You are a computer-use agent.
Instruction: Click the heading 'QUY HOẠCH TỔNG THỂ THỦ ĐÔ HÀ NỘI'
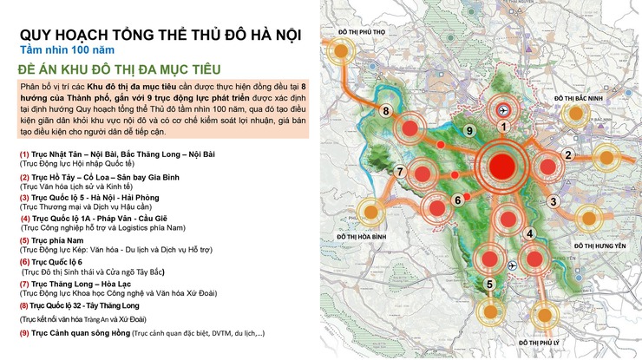[x=160, y=36]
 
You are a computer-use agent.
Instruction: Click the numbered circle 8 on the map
[x=385, y=110]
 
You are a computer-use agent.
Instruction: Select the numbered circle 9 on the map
[x=468, y=130]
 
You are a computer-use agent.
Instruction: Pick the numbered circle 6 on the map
[x=456, y=200]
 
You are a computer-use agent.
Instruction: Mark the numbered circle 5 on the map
[x=489, y=284]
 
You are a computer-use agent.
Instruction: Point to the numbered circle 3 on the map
[x=552, y=202]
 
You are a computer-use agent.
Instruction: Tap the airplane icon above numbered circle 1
[x=501, y=110]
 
